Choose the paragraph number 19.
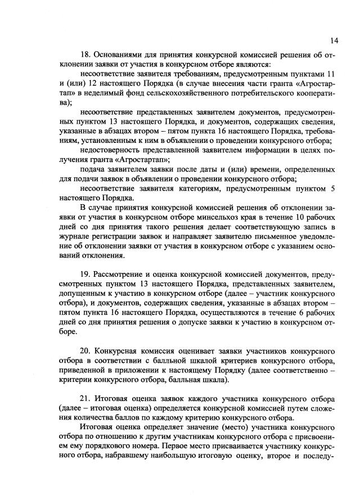point(87,273)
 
